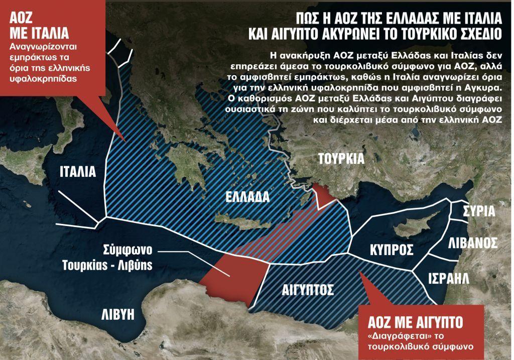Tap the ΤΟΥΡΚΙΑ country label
point(341,159)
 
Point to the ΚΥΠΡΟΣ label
point(392,250)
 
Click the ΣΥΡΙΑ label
point(479,210)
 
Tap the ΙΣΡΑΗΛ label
point(448,278)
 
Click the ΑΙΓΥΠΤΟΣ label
point(301,290)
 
